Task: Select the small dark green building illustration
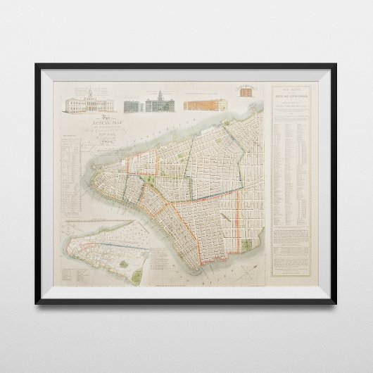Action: point(132,105)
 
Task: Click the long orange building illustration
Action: point(205,104)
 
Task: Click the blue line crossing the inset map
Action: point(106,243)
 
